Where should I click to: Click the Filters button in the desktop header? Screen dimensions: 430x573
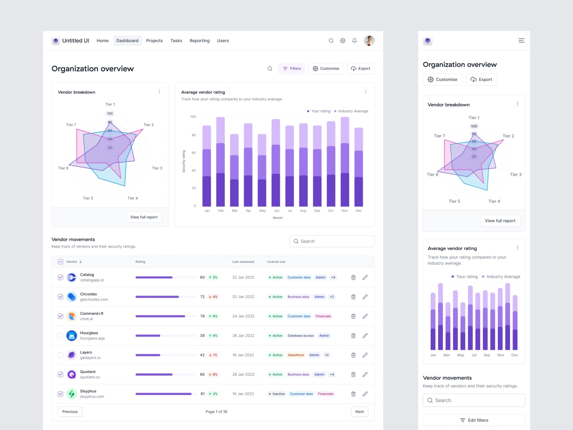click(x=292, y=69)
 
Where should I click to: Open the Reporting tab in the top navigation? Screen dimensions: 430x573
click(x=200, y=41)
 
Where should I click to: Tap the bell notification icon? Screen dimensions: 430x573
click(x=354, y=41)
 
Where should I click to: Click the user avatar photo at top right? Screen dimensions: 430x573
click(x=369, y=41)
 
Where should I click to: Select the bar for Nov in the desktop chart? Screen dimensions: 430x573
click(x=345, y=162)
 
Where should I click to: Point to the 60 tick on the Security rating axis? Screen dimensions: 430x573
click(x=194, y=153)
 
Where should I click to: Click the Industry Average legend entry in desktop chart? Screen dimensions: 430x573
click(x=351, y=111)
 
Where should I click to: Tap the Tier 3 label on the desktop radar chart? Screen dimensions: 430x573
click(x=157, y=168)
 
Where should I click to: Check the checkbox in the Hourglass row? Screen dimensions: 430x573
click(x=60, y=336)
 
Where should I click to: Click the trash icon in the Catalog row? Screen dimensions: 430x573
click(x=353, y=277)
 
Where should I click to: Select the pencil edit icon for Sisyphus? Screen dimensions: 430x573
click(x=365, y=394)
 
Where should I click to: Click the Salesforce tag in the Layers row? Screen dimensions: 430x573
click(x=295, y=355)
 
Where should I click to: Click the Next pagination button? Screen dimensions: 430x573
click(x=359, y=412)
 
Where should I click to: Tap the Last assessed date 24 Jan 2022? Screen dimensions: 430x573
click(x=243, y=316)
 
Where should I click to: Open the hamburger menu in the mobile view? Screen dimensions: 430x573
click(x=521, y=41)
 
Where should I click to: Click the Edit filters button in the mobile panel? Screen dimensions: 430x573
click(x=474, y=420)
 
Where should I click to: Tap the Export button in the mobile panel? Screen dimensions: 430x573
click(x=481, y=80)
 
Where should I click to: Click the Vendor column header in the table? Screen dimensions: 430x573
click(x=72, y=262)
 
